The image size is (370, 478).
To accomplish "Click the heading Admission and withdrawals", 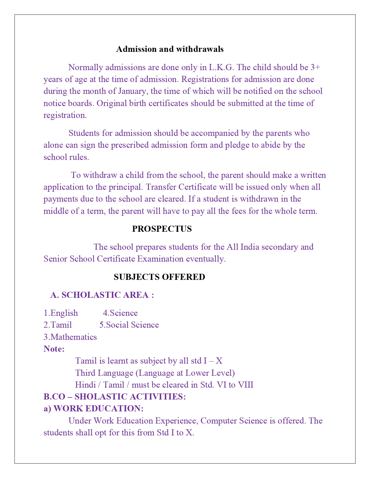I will coord(170,49).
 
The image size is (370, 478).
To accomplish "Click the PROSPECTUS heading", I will coord(162,229).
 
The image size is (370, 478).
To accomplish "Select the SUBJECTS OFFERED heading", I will coord(159,277).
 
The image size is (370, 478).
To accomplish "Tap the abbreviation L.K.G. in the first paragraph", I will coord(221,67).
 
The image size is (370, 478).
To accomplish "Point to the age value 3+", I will coord(315,67).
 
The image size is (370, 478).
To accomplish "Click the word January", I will coord(133,91).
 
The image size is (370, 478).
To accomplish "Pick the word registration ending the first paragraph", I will coord(64,115).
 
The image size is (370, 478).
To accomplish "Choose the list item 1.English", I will coord(61,313).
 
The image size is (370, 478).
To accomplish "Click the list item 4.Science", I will coord(120,313).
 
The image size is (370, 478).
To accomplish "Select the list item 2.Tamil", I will coord(57,325).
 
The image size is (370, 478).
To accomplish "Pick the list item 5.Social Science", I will coord(129,325).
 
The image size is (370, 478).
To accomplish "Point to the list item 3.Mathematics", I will coord(70,337).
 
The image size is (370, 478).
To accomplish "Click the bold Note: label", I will coord(54,349).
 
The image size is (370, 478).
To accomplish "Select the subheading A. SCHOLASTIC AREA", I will coord(102,295).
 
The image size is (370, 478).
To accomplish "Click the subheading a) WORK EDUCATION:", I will coord(93,408).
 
